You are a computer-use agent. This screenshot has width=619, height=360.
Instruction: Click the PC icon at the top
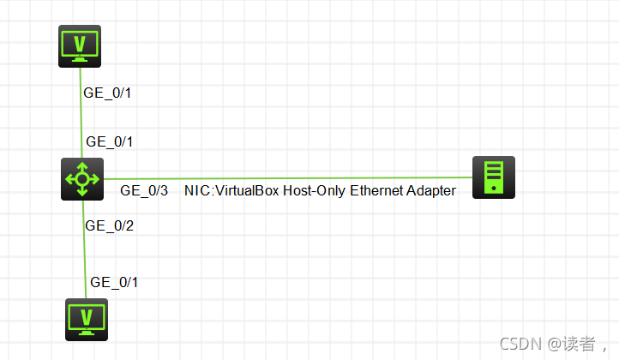tap(80, 46)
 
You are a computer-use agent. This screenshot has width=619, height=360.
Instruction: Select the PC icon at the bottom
tap(87, 320)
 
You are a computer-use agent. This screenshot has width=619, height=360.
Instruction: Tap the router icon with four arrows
tap(82, 179)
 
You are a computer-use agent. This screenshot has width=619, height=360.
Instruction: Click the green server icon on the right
tap(494, 177)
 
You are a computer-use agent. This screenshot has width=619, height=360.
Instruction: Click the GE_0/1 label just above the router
tap(110, 141)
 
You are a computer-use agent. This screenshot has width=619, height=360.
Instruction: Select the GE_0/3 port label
tap(144, 191)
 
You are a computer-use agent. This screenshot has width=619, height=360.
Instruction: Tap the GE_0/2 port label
tap(110, 226)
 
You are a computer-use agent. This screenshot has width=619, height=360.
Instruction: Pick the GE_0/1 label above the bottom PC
tap(114, 282)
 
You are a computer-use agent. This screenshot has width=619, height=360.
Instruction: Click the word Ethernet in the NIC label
tap(378, 191)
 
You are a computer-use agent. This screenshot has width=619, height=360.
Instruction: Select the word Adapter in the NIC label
tap(432, 191)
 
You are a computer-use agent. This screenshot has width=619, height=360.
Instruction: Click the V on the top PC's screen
tap(80, 42)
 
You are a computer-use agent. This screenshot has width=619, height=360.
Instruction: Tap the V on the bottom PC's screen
tap(87, 316)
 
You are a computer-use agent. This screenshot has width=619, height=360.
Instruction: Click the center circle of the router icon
tap(82, 179)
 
